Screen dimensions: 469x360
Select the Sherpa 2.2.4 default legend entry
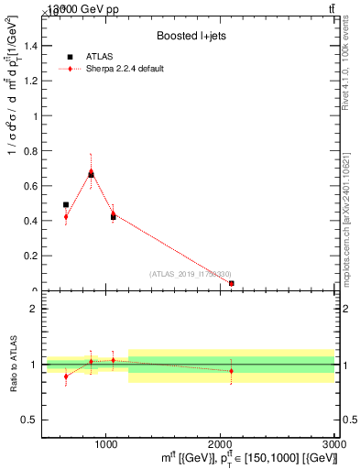(x=125, y=69)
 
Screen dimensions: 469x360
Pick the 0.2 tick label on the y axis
(x=32, y=256)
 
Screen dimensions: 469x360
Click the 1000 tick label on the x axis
(x=105, y=443)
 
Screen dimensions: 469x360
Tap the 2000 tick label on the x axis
(x=220, y=443)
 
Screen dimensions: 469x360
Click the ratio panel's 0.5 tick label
(x=31, y=420)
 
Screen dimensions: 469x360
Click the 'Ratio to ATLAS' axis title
(x=12, y=365)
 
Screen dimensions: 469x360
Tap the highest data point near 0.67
(x=91, y=173)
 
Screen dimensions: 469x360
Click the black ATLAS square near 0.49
(x=66, y=205)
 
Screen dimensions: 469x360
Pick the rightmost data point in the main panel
(x=231, y=284)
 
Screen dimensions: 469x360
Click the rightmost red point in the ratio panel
(x=231, y=371)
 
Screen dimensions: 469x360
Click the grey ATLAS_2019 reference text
(x=190, y=274)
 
